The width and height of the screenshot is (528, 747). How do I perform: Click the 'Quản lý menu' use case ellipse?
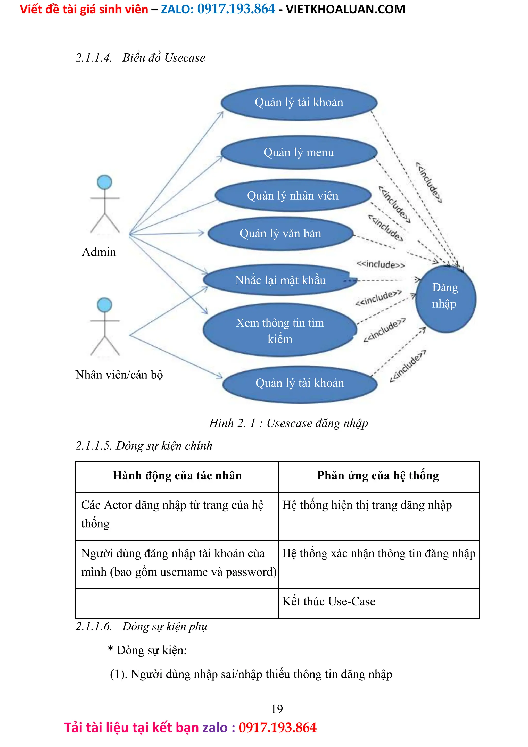(299, 152)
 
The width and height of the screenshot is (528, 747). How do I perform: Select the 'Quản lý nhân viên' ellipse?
(293, 196)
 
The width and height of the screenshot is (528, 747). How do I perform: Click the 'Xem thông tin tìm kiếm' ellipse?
(279, 330)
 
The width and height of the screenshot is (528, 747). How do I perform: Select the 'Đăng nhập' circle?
(445, 299)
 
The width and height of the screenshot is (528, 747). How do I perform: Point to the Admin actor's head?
(104, 182)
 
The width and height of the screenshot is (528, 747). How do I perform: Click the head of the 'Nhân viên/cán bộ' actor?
(104, 305)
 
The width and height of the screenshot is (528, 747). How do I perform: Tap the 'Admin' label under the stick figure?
(99, 252)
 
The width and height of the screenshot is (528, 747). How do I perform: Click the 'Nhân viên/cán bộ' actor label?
(119, 375)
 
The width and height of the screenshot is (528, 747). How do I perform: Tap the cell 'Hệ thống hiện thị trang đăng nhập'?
(367, 505)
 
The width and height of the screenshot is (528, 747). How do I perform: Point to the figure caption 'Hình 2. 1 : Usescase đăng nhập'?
(288, 423)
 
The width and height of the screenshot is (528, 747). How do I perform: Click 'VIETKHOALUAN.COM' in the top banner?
(345, 10)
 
